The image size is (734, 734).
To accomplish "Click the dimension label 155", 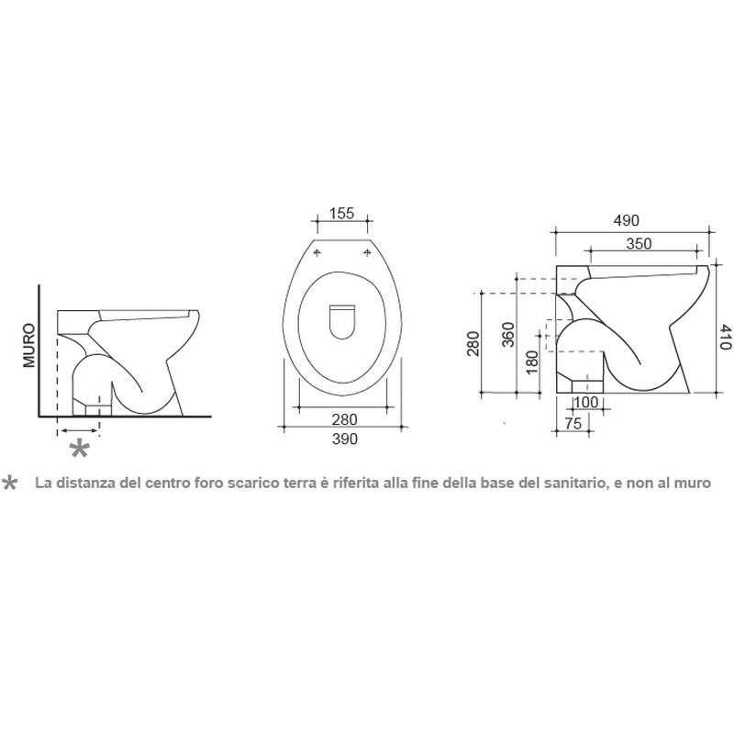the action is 341,214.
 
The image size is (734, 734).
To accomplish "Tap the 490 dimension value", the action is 626,220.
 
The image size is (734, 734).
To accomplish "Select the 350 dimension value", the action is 639,243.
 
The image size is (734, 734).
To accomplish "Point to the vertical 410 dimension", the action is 725,337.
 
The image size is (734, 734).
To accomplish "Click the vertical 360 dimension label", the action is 508,335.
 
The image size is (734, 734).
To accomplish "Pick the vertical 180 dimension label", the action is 532,362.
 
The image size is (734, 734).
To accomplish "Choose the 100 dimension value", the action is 585,402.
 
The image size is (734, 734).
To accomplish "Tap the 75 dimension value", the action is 573,423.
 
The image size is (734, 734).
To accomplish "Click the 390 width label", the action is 345,439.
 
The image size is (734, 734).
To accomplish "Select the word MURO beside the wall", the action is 29,345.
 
